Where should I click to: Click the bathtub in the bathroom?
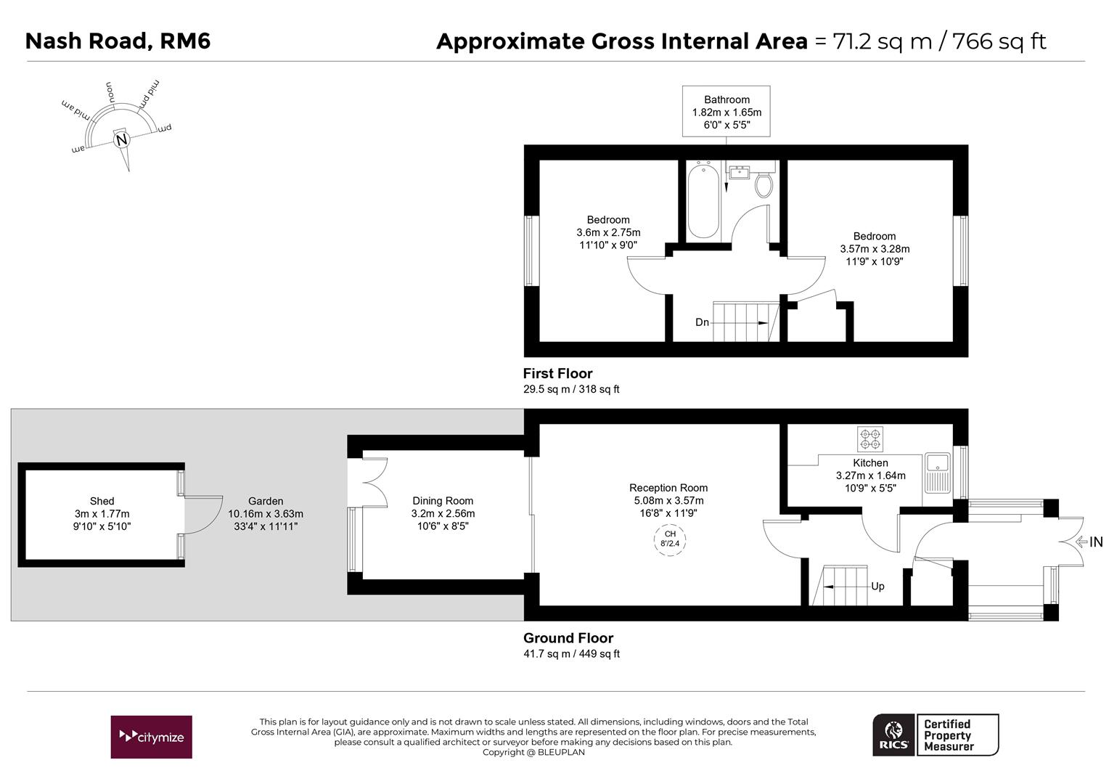pos(703,202)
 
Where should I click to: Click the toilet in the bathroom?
pos(764,185)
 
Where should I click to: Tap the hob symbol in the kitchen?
pos(870,438)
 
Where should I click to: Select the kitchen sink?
pos(937,472)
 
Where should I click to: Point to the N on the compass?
pos(121,139)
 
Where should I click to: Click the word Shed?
pos(102,501)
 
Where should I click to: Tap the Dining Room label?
pos(443,501)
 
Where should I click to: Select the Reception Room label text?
pos(668,488)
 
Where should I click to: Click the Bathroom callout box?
pos(726,112)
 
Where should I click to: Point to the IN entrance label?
pos(1094,542)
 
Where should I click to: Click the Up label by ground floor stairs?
pos(877,587)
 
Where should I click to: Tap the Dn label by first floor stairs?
pos(702,322)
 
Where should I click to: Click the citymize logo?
pos(151,737)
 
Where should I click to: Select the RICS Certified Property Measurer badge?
pos(935,735)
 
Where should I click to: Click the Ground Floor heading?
pos(568,638)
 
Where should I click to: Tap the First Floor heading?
pos(557,373)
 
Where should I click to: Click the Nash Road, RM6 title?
pos(118,41)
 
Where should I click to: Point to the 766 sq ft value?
pos(999,41)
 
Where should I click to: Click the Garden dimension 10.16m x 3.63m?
pos(266,513)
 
